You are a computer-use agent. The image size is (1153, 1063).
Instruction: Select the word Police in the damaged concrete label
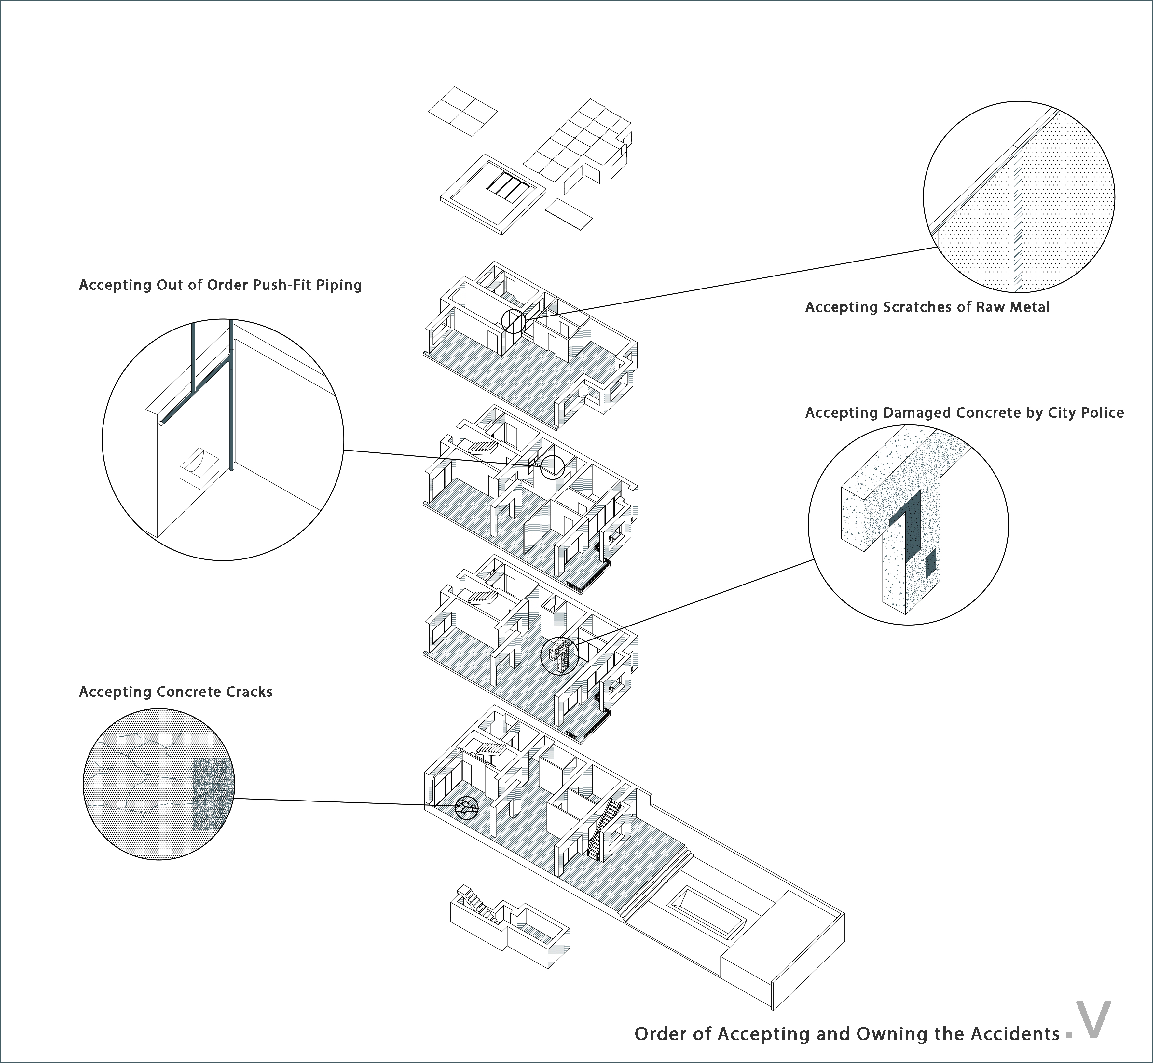tap(1102, 413)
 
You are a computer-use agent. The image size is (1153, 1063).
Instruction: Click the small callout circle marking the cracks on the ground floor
tap(466, 808)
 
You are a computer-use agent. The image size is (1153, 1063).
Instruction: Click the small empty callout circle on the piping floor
tap(552, 467)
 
